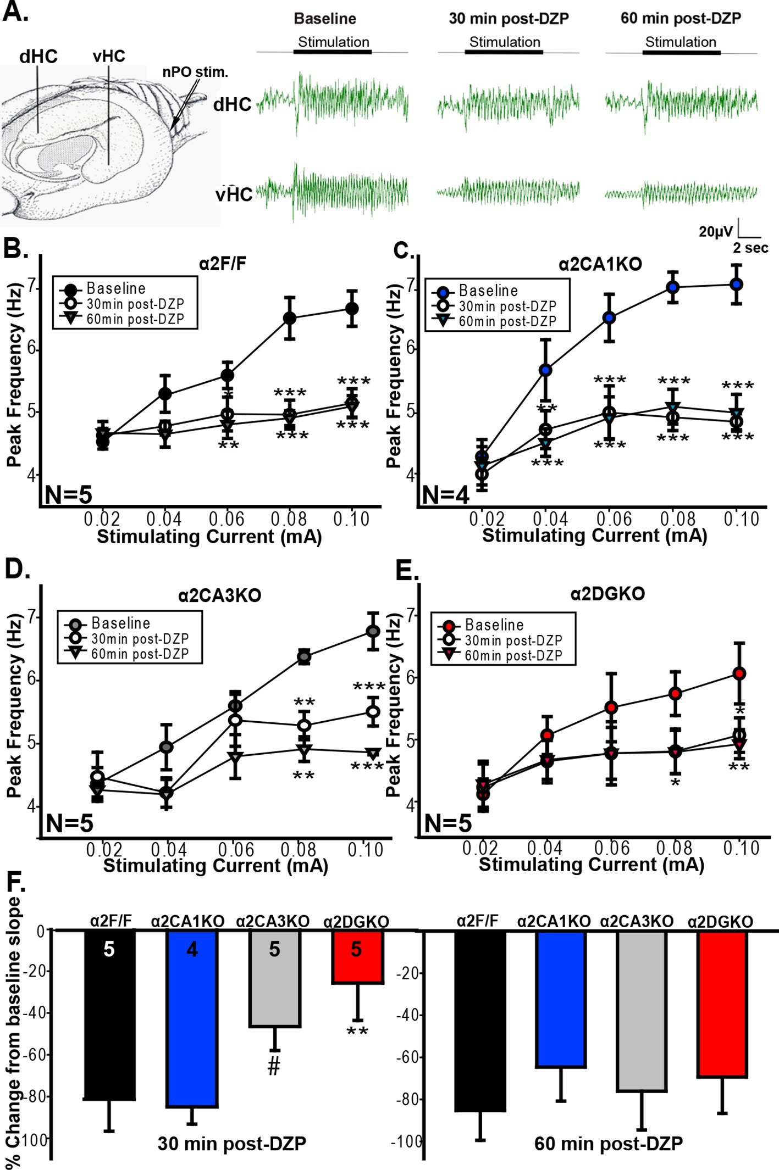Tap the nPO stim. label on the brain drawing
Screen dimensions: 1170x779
(195, 72)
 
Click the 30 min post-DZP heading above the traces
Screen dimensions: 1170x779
(509, 19)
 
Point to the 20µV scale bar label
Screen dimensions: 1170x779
(715, 232)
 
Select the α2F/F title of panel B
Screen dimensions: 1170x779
(222, 264)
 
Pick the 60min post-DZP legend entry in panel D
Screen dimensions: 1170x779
(140, 654)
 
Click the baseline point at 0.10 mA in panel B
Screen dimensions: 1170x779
(352, 309)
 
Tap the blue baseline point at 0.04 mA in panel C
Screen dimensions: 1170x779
(545, 370)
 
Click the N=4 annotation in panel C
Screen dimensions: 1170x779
(445, 495)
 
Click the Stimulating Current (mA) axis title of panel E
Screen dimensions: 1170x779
(591, 865)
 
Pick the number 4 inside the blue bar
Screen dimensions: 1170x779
(192, 949)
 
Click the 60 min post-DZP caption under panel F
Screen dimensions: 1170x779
(608, 1144)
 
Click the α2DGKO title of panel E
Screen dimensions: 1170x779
(607, 594)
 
